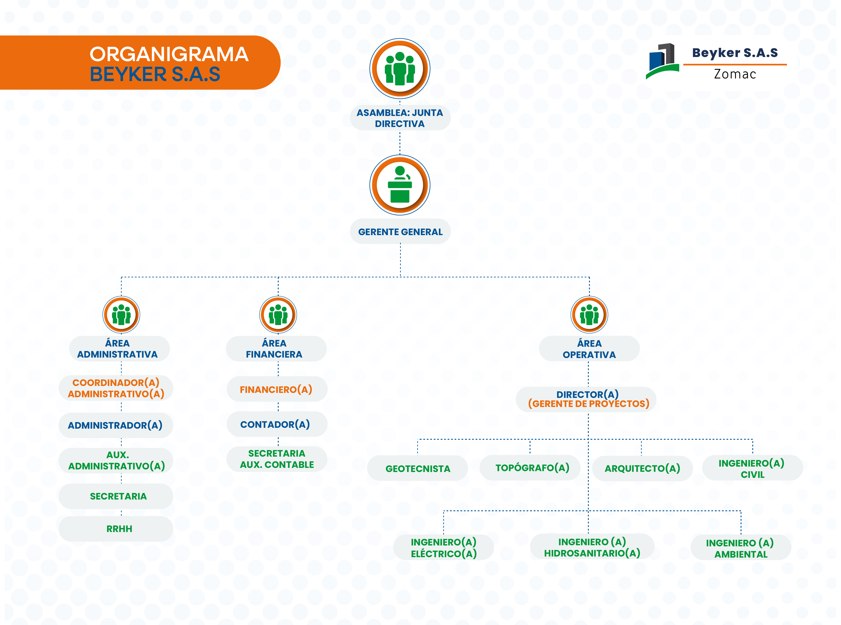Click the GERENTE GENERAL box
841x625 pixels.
click(400, 231)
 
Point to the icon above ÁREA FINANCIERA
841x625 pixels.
click(278, 315)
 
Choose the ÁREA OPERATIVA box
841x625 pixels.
click(589, 349)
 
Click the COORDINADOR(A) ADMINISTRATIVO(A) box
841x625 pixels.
click(116, 388)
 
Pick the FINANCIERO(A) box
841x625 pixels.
click(277, 389)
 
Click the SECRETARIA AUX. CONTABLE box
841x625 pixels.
click(277, 459)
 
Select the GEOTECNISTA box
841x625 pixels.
click(417, 468)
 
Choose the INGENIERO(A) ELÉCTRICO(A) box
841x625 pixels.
click(443, 547)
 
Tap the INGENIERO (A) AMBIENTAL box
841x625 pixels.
click(741, 548)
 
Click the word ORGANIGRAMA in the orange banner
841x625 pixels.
click(169, 54)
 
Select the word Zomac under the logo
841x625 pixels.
click(735, 74)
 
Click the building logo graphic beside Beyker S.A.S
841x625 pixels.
click(662, 60)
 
